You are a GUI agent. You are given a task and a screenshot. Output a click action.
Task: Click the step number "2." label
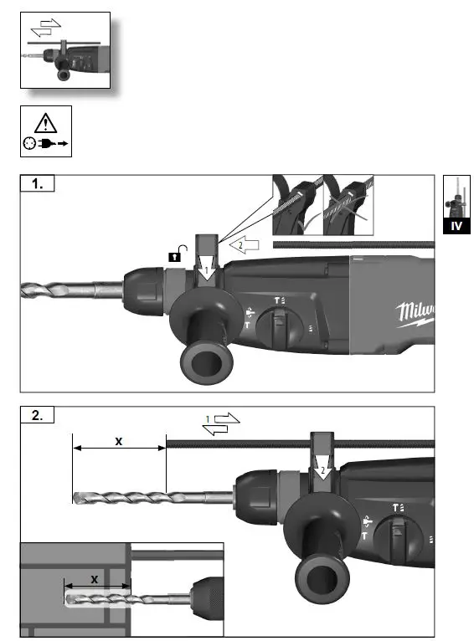(38, 416)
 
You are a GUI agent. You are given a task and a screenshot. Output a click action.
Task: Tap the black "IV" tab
(456, 226)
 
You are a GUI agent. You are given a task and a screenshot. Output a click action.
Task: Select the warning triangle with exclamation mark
(46, 122)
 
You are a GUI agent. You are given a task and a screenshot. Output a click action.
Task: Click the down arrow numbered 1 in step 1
(207, 271)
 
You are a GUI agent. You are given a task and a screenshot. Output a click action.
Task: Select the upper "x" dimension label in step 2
(119, 439)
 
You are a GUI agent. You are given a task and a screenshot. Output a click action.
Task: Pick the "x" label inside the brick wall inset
(94, 578)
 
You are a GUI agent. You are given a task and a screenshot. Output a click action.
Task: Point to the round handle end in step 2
(321, 573)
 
